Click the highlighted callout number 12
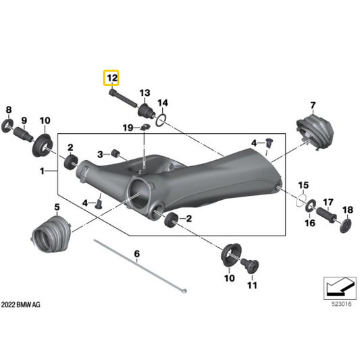pos(111,79)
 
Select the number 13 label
pos(144,93)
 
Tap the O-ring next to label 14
pos(161,120)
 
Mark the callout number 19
pos(127,128)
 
